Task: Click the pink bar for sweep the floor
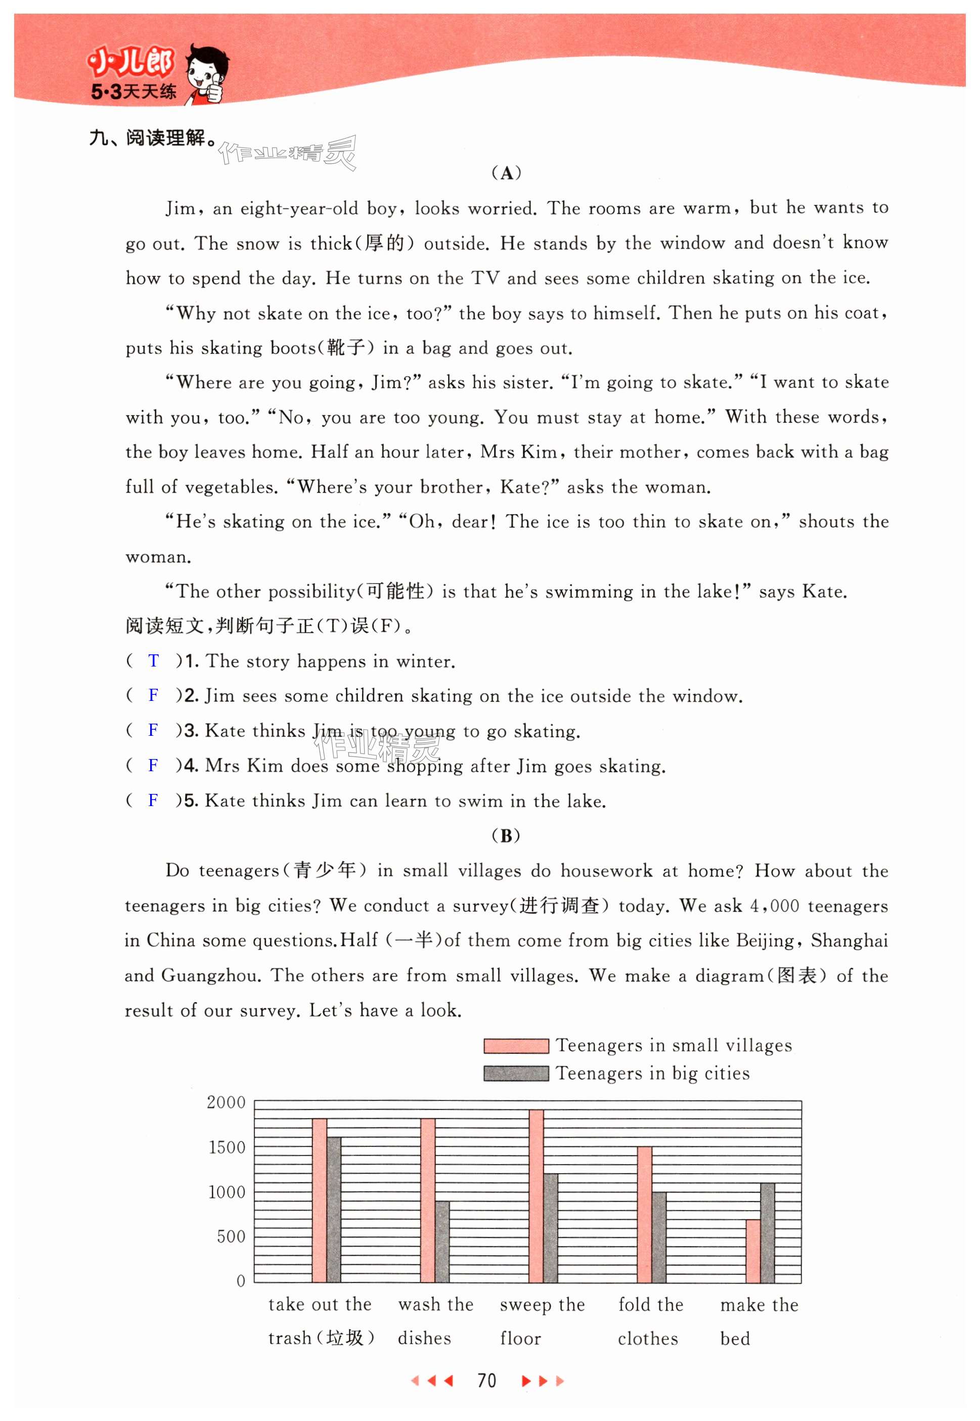(x=536, y=1195)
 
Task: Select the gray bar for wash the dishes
(x=442, y=1240)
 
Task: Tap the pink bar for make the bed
(x=753, y=1250)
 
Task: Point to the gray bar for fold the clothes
(x=659, y=1236)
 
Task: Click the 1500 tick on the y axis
(x=227, y=1147)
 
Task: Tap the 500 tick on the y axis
(x=231, y=1236)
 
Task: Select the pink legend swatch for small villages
(x=516, y=1046)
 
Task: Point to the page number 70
(x=486, y=1381)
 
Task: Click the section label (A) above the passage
(x=507, y=173)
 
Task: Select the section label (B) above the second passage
(x=506, y=836)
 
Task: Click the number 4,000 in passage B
(x=774, y=906)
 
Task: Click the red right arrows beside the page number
(x=542, y=1381)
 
